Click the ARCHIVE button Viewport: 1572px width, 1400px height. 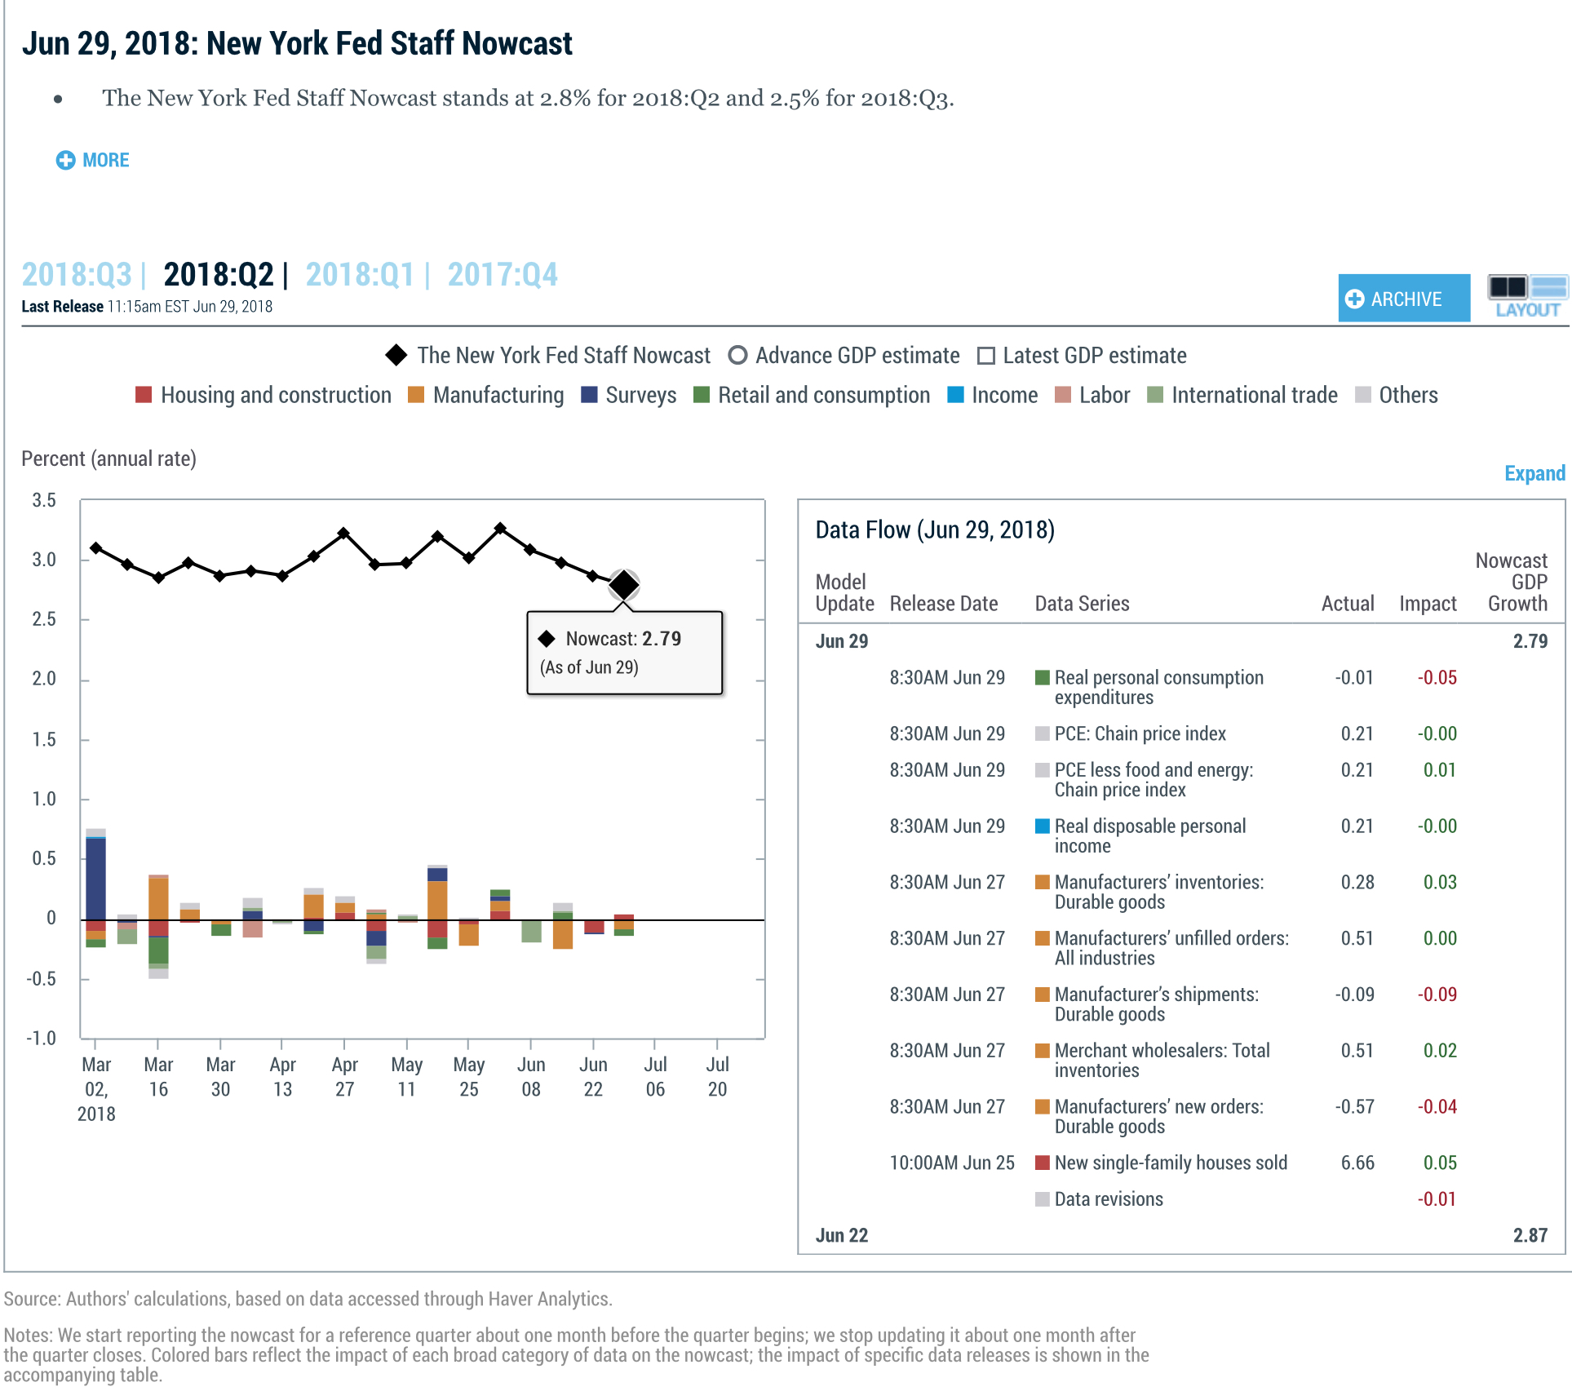[1403, 299]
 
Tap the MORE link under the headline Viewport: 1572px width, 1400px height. [93, 160]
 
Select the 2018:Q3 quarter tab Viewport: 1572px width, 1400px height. [77, 275]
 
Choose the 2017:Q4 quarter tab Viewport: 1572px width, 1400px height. [503, 275]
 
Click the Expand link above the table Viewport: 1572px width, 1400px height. [1534, 473]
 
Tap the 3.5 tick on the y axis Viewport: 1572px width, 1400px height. [44, 500]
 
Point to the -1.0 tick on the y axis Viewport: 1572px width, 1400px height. [41, 1039]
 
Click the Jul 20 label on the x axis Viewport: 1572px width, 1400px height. [717, 1076]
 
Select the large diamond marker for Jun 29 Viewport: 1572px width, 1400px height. [624, 585]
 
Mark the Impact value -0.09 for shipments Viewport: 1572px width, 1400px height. [1437, 995]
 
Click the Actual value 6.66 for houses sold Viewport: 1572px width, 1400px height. [1357, 1163]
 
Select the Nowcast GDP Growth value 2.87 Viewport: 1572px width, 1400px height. [1530, 1235]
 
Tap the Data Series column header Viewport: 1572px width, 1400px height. [1082, 604]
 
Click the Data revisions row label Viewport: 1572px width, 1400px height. [1108, 1199]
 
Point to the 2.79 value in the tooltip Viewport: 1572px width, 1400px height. [661, 639]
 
